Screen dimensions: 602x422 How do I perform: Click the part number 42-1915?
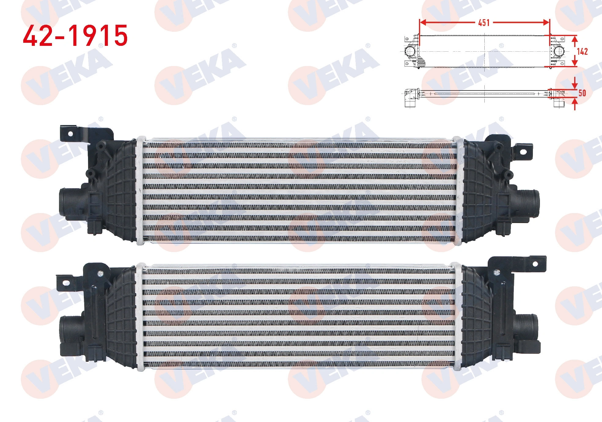click(75, 35)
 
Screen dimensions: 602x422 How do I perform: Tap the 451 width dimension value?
click(484, 23)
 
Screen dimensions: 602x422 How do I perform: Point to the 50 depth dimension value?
click(582, 93)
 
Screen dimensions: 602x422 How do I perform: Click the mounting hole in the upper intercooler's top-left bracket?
click(71, 134)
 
